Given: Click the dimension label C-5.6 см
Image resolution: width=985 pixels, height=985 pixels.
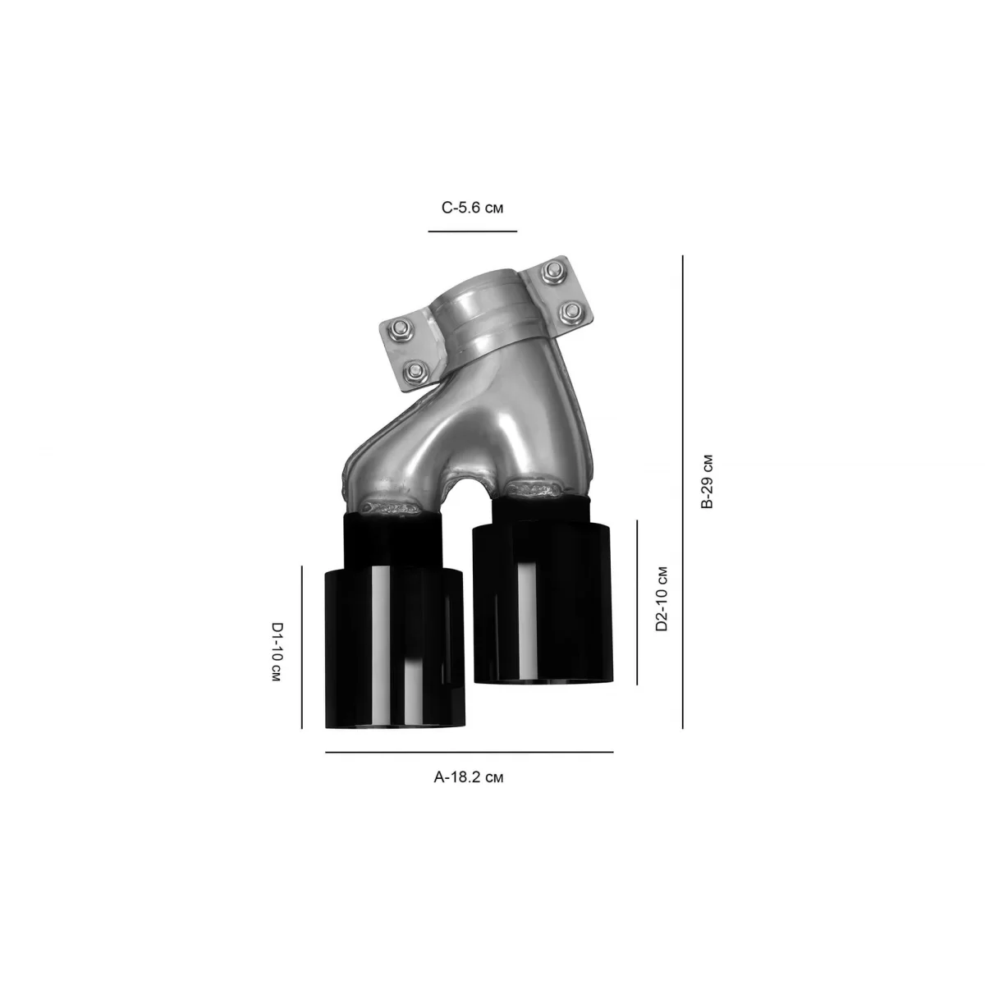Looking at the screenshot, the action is click(x=472, y=208).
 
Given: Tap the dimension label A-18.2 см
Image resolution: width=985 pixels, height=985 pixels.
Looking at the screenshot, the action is click(x=468, y=777).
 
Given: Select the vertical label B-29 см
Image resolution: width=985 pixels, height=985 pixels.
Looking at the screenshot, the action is click(x=707, y=481).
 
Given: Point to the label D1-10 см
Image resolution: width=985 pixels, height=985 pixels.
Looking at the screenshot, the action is click(x=276, y=652).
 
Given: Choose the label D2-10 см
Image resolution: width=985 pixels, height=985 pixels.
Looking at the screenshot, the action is click(x=662, y=598).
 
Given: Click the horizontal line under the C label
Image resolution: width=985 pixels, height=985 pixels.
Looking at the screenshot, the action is click(x=472, y=231).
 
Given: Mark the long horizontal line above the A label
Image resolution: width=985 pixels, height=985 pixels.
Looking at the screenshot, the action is click(x=469, y=752).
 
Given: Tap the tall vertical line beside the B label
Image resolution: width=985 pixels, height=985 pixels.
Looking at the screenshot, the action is click(x=682, y=492).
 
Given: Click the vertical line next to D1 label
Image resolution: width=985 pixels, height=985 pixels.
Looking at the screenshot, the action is click(x=301, y=647).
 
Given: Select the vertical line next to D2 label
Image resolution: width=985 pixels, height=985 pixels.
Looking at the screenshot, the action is click(x=637, y=602).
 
